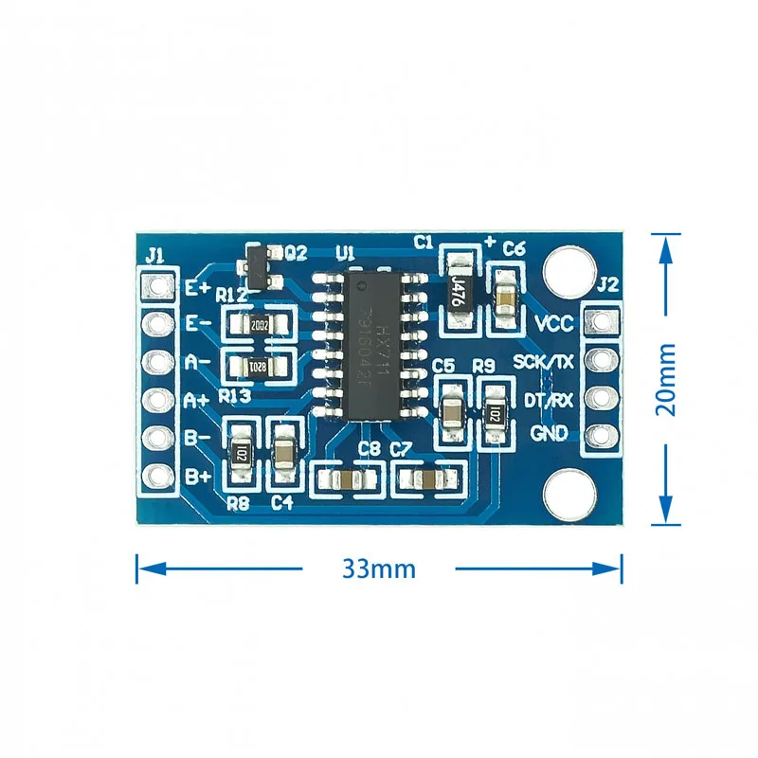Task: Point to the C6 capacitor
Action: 506,290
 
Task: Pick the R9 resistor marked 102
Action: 493,414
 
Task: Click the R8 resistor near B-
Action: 243,455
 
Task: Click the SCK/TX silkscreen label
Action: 543,361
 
